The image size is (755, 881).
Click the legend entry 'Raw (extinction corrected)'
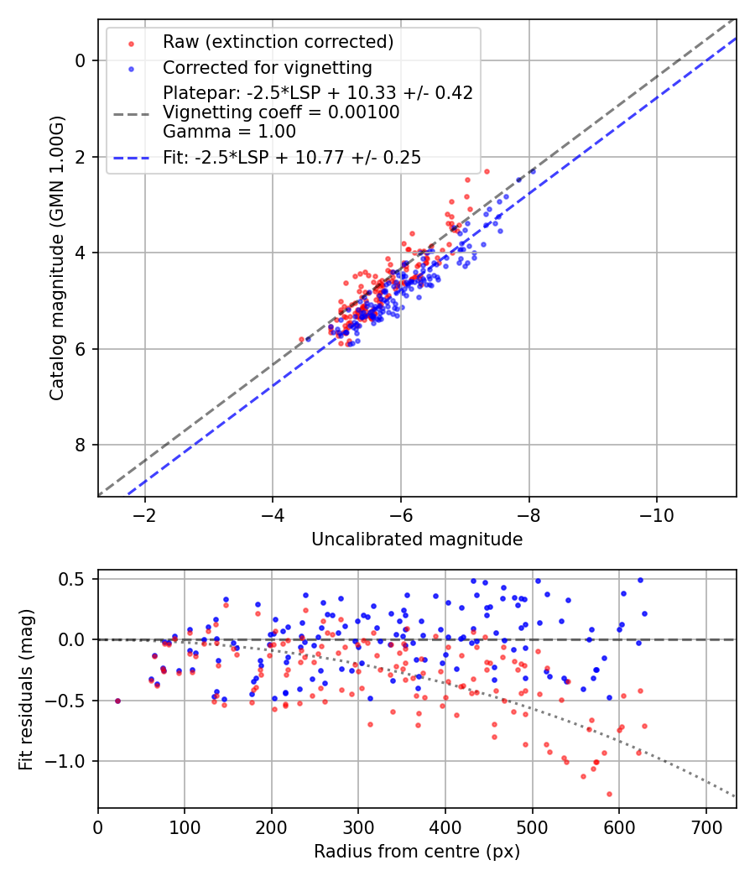click(x=278, y=42)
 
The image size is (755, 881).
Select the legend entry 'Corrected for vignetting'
click(x=267, y=67)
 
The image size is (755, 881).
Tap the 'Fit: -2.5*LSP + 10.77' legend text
click(x=292, y=157)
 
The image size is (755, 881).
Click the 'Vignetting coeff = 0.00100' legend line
click(x=281, y=112)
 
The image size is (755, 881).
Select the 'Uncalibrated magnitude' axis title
click(x=417, y=540)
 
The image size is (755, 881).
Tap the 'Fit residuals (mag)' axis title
click(x=26, y=689)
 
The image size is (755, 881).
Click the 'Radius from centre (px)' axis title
click(x=417, y=852)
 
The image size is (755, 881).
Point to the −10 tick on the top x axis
click(x=656, y=513)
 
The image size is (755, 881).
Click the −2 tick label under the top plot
click(x=144, y=513)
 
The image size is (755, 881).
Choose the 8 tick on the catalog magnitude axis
click(x=81, y=445)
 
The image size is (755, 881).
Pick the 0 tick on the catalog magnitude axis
click(x=81, y=60)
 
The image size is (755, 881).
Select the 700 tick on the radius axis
click(x=706, y=826)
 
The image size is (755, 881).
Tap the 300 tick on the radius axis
click(x=358, y=826)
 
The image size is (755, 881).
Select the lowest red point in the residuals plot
click(x=609, y=794)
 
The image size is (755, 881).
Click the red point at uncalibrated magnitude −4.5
click(x=302, y=339)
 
